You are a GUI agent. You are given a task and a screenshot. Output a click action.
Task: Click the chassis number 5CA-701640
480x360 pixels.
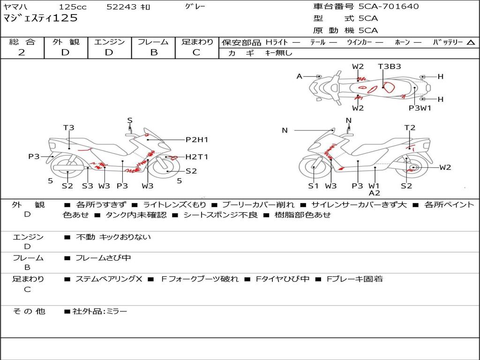click(389, 6)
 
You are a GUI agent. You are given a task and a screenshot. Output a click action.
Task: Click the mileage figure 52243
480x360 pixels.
click(121, 7)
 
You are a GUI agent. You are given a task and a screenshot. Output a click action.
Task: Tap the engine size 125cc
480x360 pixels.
click(73, 7)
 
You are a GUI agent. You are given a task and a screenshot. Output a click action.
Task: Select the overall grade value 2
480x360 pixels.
click(22, 52)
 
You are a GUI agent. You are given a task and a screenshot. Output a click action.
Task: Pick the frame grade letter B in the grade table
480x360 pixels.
click(154, 52)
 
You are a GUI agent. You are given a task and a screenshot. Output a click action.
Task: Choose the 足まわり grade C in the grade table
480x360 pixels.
click(196, 52)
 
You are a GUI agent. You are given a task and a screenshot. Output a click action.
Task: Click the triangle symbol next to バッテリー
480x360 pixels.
click(471, 43)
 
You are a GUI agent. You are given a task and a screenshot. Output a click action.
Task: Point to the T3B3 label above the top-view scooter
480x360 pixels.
click(390, 67)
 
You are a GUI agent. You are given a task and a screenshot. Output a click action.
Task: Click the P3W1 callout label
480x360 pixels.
click(420, 108)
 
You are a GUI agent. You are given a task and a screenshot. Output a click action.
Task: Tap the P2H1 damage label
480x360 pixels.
click(197, 140)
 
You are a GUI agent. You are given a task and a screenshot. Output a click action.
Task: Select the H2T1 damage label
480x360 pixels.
click(197, 157)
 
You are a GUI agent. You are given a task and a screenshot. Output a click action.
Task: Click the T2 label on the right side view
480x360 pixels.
click(410, 127)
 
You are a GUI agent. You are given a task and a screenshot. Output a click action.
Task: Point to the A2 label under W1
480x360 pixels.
click(375, 193)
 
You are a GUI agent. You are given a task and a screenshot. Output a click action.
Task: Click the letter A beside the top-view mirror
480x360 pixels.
click(300, 76)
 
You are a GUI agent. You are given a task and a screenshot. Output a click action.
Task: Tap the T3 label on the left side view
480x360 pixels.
click(69, 127)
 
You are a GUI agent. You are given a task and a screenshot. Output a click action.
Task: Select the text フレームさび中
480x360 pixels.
click(103, 258)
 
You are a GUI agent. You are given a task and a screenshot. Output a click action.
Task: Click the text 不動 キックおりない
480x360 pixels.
click(113, 237)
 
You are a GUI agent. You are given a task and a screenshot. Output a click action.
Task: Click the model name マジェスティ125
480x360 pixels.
click(40, 18)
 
